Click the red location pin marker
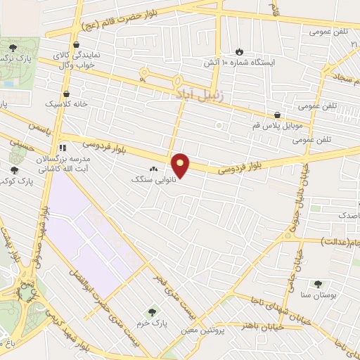(x=181, y=165)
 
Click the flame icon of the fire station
(x=240, y=51)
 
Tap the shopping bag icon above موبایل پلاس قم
(x=277, y=115)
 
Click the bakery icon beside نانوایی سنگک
(x=154, y=169)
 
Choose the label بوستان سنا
(x=318, y=295)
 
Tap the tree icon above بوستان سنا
(x=318, y=284)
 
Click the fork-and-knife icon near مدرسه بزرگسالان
(x=63, y=148)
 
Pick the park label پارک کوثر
(x=14, y=180)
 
